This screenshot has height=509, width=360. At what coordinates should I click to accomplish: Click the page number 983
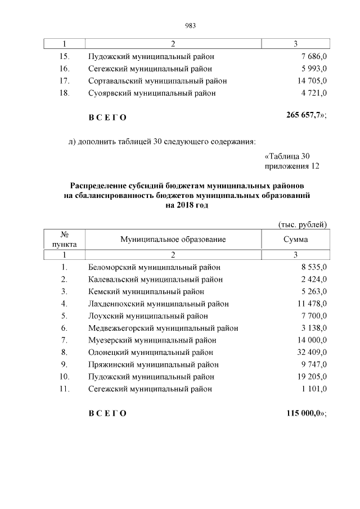190,25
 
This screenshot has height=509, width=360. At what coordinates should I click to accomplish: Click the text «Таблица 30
287,156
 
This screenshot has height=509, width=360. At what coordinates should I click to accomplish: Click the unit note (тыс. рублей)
303,224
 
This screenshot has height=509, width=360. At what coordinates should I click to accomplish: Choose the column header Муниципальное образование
173,239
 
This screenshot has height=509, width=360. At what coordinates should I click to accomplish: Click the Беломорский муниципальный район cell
154,267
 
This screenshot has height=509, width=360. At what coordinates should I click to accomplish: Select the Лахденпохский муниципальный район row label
158,304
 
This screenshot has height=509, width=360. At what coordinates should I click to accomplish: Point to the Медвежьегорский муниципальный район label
163,328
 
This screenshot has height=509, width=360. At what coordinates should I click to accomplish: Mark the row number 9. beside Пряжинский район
65,364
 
